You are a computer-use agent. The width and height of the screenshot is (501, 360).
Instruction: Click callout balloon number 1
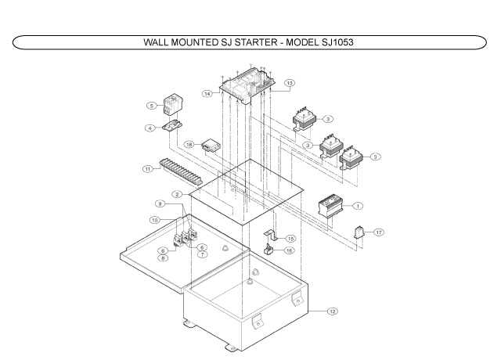point(357,206)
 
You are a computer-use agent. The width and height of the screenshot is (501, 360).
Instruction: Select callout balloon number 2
point(178,193)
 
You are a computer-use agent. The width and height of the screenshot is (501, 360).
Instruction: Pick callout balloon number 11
point(147,168)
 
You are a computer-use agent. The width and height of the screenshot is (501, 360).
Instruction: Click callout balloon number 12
point(332,311)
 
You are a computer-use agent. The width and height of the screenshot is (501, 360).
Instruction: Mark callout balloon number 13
point(289,83)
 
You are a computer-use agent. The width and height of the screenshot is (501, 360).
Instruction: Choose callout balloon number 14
point(207,94)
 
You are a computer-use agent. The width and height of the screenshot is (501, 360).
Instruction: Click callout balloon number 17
point(378,232)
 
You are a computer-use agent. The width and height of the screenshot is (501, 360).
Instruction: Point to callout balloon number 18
point(189,145)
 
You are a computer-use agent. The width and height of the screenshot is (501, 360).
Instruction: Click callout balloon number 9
point(160,204)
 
